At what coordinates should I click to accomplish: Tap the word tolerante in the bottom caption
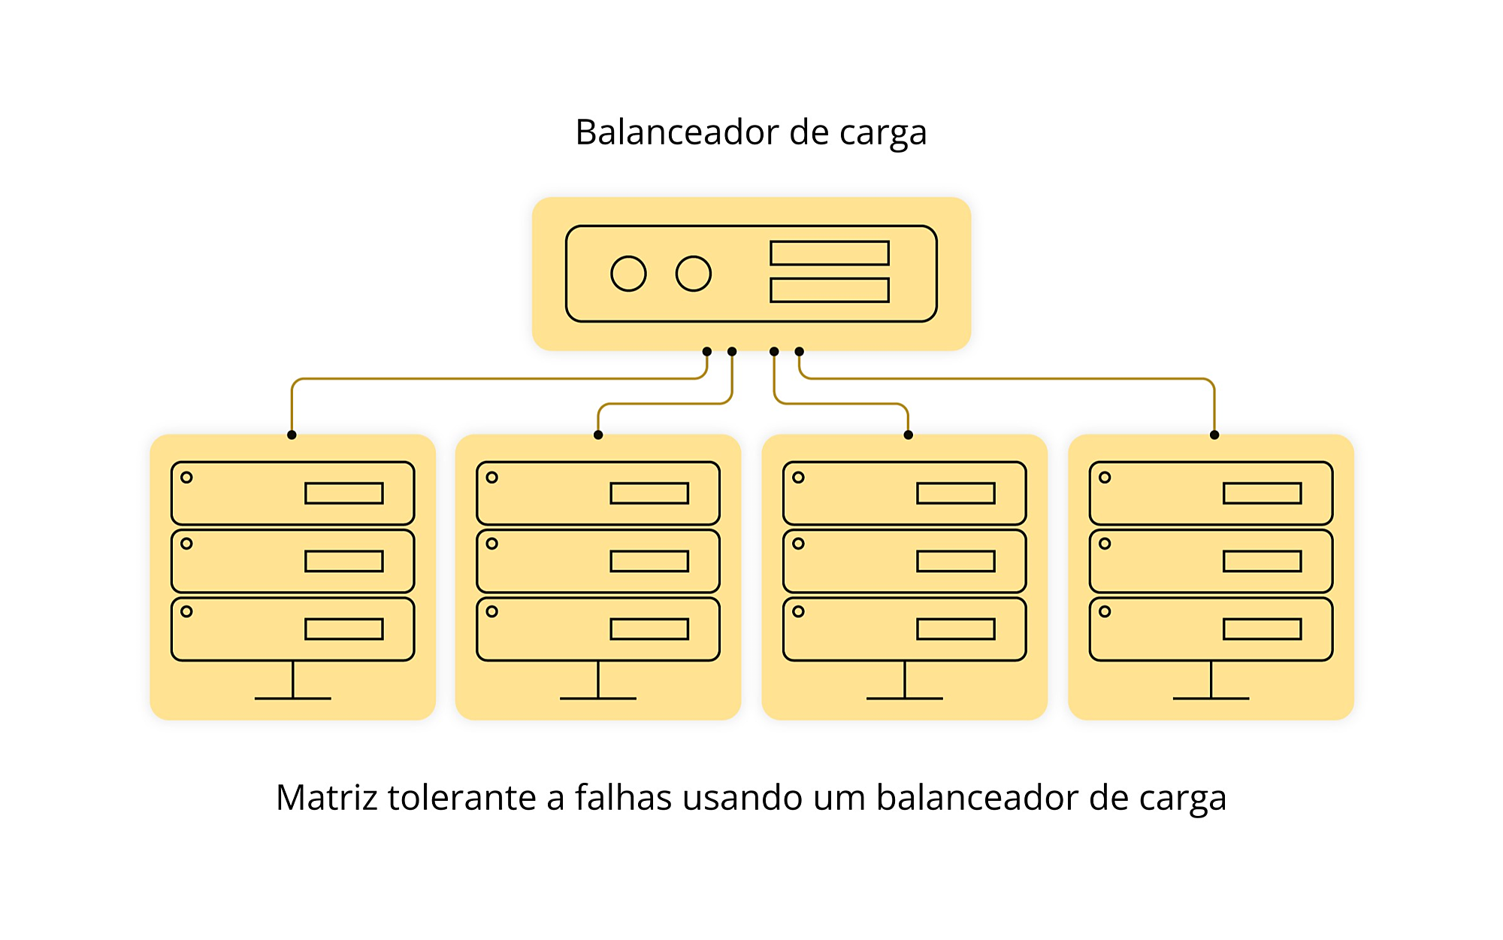pos(461,797)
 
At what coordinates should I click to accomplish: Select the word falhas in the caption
pos(623,797)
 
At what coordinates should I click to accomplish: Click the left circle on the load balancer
pos(628,274)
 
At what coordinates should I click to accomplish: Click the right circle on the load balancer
pos(693,274)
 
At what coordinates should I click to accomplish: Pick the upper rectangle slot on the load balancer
pos(830,253)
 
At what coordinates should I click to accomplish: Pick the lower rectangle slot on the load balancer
pos(830,290)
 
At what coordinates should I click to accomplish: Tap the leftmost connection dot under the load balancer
pos(707,351)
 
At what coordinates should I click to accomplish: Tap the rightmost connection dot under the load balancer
pos(800,351)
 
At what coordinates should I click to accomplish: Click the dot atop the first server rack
pos(292,435)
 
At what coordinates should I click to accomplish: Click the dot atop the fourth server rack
pos(1214,435)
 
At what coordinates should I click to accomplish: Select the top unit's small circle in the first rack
pos(187,478)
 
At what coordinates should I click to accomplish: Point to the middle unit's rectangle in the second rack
pos(649,562)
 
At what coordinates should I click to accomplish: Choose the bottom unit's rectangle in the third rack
pos(956,629)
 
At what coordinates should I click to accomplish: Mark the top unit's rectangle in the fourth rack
pos(1263,493)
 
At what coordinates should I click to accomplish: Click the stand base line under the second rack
pos(598,699)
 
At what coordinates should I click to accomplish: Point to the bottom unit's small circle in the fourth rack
pos(1105,611)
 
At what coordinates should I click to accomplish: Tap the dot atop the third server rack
pos(908,435)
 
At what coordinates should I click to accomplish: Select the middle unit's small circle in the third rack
pos(798,544)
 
